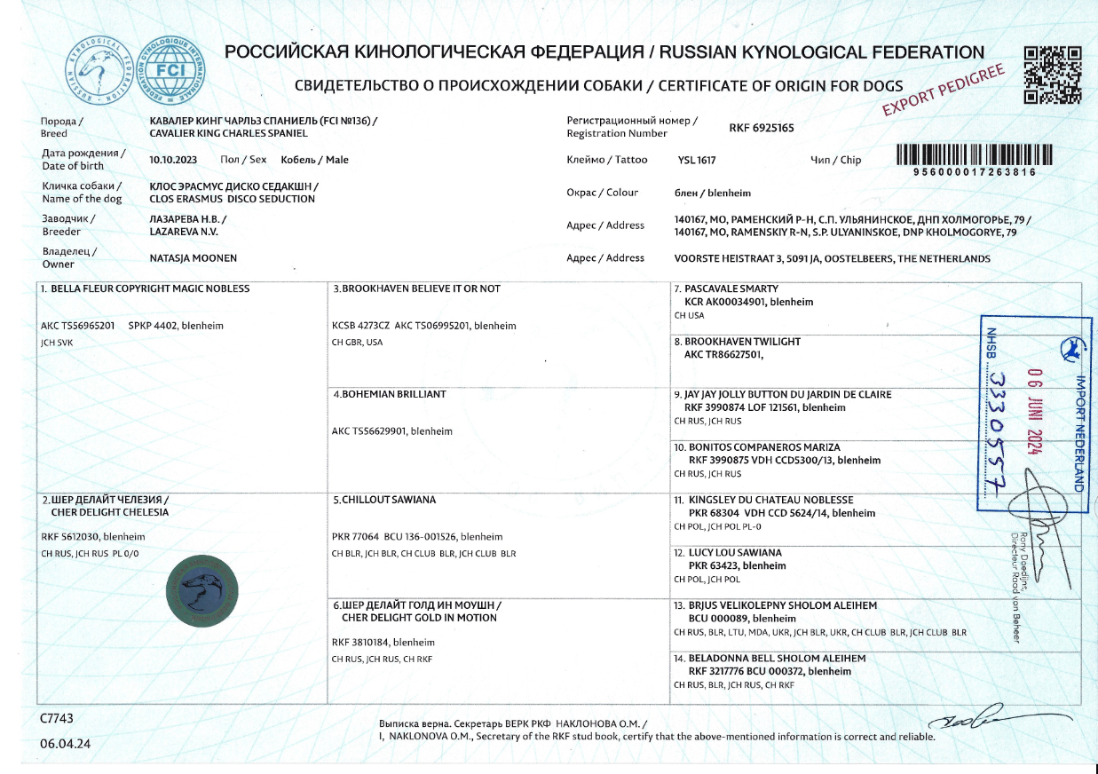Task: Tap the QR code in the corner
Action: [x=1053, y=75]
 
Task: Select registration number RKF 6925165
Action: [x=761, y=128]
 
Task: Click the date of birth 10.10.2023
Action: [x=174, y=160]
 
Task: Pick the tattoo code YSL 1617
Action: [x=697, y=161]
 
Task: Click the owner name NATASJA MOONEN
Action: [x=194, y=258]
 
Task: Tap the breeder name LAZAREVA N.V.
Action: [x=184, y=231]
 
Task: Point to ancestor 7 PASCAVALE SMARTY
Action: [x=731, y=289]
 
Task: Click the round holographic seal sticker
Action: [x=203, y=590]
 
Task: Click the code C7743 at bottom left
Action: [x=56, y=717]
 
